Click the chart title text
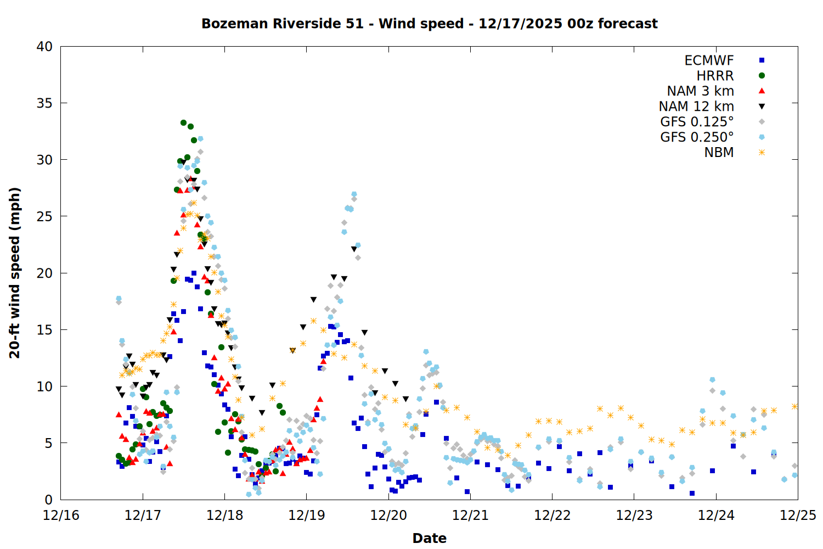[429, 24]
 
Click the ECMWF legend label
[709, 60]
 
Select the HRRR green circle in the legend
[762, 76]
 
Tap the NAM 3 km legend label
[700, 91]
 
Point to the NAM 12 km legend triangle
[762, 107]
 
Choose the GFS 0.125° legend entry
[697, 122]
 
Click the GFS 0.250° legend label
[697, 137]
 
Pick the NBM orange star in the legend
[762, 153]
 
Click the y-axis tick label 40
[44, 47]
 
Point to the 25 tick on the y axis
[44, 216]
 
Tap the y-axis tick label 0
[49, 500]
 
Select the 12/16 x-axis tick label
[60, 516]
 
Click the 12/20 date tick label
[388, 516]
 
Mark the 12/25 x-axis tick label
[798, 516]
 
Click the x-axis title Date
[429, 538]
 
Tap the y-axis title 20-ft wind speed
[15, 273]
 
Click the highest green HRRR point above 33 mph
[183, 123]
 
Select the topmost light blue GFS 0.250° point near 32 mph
[200, 139]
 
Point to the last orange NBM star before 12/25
[794, 406]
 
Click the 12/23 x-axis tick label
[634, 516]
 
